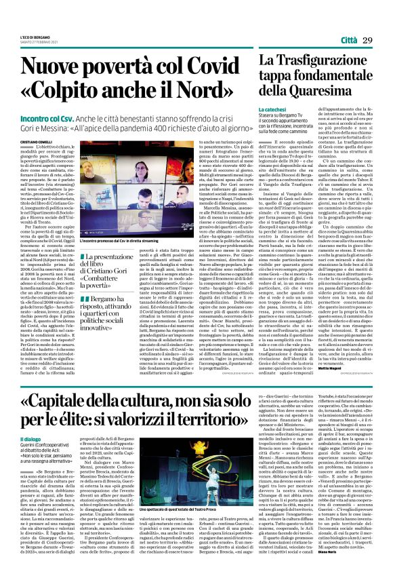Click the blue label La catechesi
click(x=272, y=109)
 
